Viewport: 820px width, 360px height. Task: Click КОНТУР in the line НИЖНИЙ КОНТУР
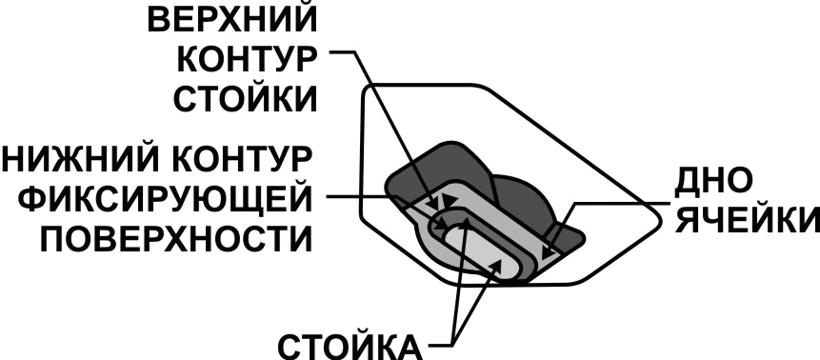tap(239, 158)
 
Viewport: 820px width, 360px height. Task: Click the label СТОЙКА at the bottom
tap(350, 345)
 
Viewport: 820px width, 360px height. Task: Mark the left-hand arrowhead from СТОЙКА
tap(466, 225)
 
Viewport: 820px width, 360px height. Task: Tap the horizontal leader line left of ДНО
tap(619, 202)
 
